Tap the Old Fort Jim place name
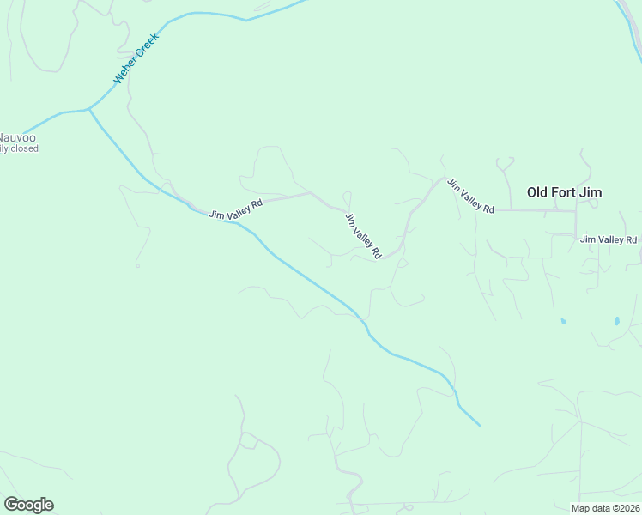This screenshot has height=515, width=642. [x=564, y=192]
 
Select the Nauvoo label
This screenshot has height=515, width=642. [x=17, y=137]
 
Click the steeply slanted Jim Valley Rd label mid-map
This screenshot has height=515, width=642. [x=363, y=236]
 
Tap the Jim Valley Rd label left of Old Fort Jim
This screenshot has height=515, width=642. [x=471, y=197]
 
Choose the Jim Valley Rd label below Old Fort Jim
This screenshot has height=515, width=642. [x=609, y=239]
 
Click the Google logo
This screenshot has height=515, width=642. [x=28, y=505]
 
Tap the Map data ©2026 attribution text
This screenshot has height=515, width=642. [x=605, y=508]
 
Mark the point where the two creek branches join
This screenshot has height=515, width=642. [x=89, y=109]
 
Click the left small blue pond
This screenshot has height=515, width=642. [x=563, y=321]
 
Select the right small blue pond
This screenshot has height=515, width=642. [x=616, y=322]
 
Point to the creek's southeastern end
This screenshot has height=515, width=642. [x=479, y=425]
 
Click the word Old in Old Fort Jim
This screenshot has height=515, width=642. [x=537, y=192]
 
